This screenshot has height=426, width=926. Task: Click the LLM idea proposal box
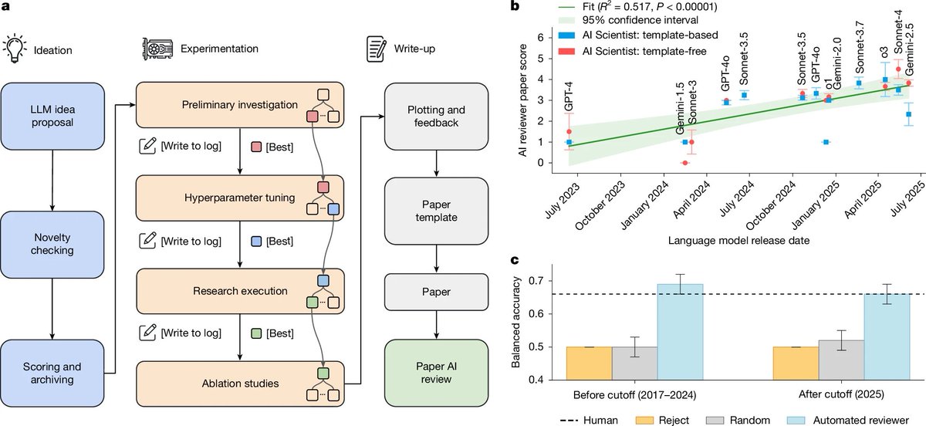click(x=51, y=113)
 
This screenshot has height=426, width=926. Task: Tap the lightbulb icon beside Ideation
click(x=13, y=48)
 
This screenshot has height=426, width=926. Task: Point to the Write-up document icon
click(x=376, y=48)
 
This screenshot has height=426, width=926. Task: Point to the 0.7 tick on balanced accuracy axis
click(x=549, y=280)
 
